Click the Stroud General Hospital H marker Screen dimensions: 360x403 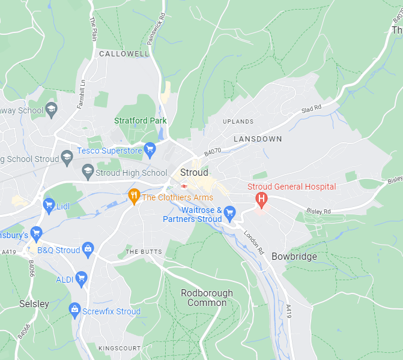(262, 198)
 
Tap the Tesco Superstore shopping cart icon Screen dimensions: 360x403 (150, 148)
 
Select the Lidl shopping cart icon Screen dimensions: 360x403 (49, 206)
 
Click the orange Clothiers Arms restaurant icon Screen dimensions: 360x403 (134, 196)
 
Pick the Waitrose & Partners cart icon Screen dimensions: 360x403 (229, 212)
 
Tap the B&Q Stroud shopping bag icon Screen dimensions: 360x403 (88, 248)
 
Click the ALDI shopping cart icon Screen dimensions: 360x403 (82, 278)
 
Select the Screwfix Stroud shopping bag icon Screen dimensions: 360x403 (75, 310)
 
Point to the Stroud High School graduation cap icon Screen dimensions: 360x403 (88, 172)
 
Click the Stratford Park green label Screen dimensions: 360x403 (141, 121)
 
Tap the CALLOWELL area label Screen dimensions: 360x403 (124, 54)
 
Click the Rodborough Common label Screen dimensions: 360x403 (207, 298)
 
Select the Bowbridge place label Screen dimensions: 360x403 (294, 256)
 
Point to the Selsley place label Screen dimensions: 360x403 (34, 304)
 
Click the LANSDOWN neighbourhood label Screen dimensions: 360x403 (258, 139)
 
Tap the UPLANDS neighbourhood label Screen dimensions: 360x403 (238, 121)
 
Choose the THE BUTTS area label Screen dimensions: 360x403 (143, 251)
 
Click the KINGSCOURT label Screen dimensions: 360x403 (120, 348)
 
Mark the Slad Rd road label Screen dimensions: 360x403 (311, 109)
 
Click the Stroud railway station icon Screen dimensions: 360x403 (184, 186)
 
